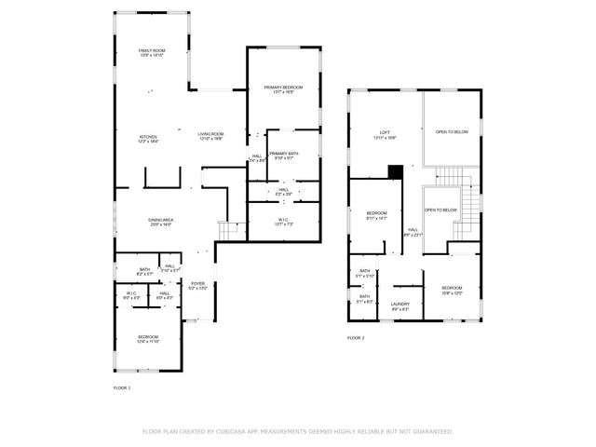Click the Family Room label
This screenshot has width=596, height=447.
[151, 52]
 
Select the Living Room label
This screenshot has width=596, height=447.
[210, 136]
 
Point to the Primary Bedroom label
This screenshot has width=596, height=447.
[283, 88]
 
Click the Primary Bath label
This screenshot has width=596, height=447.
[283, 155]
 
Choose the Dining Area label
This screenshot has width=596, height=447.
[161, 222]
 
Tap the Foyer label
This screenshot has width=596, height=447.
[197, 285]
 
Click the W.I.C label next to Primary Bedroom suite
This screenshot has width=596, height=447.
[283, 222]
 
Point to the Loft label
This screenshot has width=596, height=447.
[383, 133]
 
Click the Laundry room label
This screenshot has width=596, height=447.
[400, 305]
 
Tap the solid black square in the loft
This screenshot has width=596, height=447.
[395, 171]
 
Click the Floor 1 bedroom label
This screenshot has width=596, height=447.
[148, 339]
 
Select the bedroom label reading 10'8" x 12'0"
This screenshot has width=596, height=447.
[452, 290]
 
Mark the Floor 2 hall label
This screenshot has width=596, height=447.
[413, 232]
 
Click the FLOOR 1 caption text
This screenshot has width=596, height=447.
[122, 386]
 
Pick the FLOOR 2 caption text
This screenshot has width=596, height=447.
[356, 337]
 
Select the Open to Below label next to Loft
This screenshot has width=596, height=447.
[452, 132]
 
